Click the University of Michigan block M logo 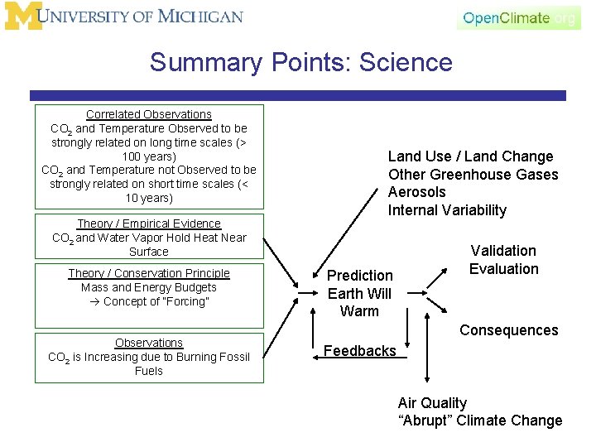pos(22,17)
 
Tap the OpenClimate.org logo pos(518,18)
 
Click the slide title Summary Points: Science pos(301,63)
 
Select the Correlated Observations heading pos(149,114)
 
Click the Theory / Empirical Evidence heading pos(149,223)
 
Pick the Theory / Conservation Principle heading pos(149,273)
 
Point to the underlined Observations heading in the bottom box pos(149,343)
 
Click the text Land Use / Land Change pos(470,156)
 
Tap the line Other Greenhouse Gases pos(473,175)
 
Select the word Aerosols pos(416,192)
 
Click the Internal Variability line pos(447,210)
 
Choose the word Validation pos(503,251)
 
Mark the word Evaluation pos(503,269)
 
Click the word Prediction pos(360,276)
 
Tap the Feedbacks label pos(360,351)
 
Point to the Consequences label pos(509,330)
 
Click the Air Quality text pos(432,403)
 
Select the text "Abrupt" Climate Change pos(480,421)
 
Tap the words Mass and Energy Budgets pos(149,287)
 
